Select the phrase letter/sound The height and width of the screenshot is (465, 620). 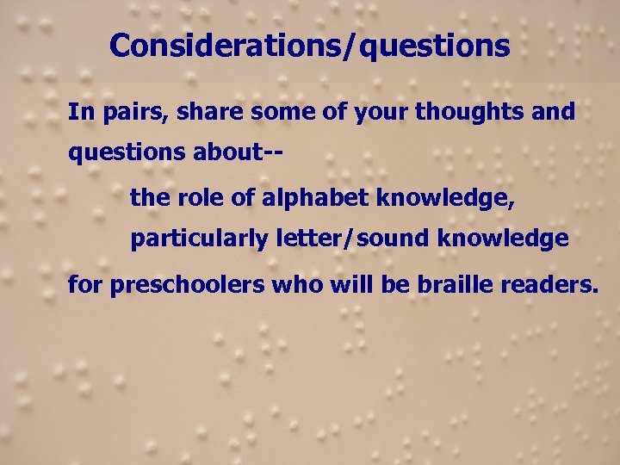coord(353,239)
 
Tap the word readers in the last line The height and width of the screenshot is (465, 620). coord(556,283)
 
